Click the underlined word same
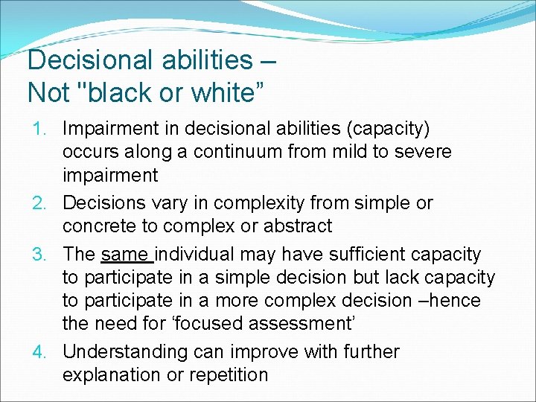[x=127, y=255]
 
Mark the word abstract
[x=296, y=226]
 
